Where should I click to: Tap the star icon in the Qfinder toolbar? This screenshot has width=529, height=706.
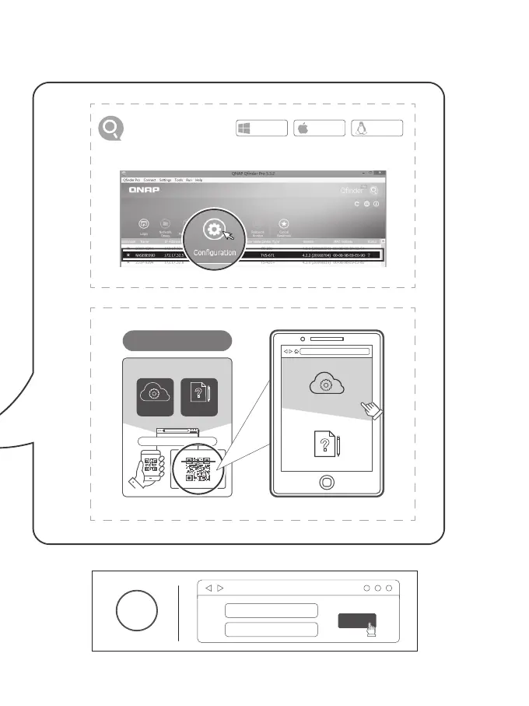coord(284,224)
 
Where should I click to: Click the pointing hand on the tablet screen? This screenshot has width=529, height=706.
coord(371,409)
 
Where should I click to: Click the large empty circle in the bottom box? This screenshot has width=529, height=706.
coord(137,611)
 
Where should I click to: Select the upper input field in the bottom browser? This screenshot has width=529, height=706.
coord(270,610)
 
